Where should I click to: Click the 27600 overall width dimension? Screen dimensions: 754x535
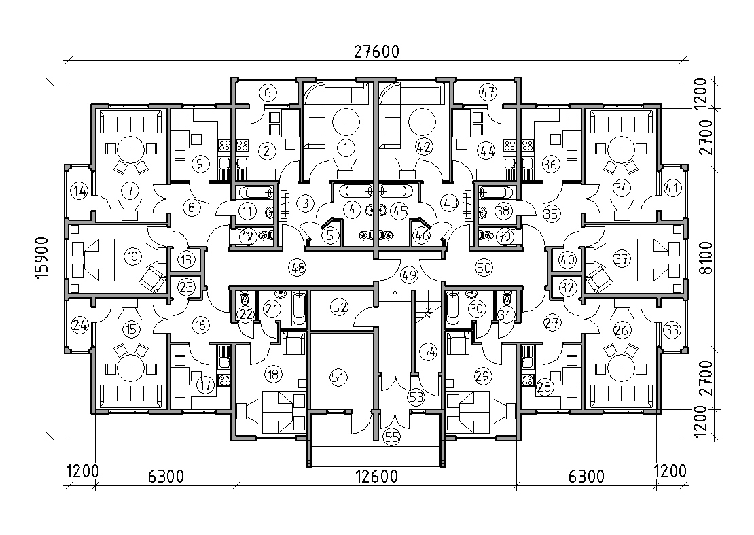[376, 51]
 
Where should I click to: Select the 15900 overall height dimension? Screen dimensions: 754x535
[42, 258]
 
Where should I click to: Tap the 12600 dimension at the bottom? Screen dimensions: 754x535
[376, 477]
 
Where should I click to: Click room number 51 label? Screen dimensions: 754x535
[339, 377]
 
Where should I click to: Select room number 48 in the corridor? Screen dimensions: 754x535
[298, 267]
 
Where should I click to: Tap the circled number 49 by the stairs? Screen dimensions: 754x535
[410, 275]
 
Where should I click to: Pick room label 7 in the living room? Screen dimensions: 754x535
[129, 191]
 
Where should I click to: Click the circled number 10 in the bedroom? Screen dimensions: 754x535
[133, 256]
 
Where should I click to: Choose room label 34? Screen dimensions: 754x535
[622, 188]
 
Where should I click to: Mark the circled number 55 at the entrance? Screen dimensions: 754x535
[392, 437]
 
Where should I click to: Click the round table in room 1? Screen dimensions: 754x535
[346, 122]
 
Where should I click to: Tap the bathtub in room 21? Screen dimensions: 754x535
[299, 308]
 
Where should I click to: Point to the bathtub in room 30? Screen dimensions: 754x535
[454, 308]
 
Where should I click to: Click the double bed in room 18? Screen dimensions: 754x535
[284, 411]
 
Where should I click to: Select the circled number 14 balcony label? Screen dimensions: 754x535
[79, 191]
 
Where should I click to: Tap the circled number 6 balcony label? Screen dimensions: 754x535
[268, 92]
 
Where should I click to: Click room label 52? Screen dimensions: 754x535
[340, 307]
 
